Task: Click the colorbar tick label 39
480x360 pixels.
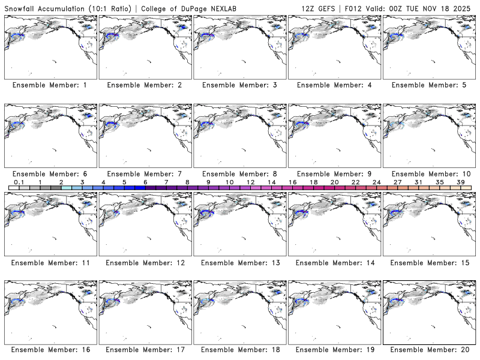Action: pyautogui.click(x=460, y=182)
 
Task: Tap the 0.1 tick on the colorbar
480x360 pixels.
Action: pyautogui.click(x=19, y=182)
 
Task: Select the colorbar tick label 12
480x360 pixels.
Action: pyautogui.click(x=250, y=182)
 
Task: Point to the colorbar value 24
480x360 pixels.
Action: pyautogui.click(x=376, y=182)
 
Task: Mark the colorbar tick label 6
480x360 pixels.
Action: pyautogui.click(x=145, y=182)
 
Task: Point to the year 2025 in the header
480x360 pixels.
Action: pyautogui.click(x=464, y=7)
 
